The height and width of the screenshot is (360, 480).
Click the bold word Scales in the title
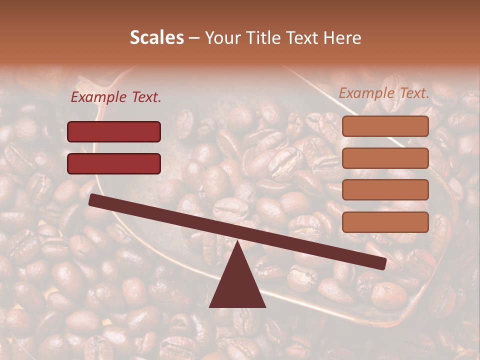click(156, 37)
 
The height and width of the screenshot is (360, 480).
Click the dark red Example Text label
click(116, 97)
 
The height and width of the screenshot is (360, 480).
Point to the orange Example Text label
click(384, 93)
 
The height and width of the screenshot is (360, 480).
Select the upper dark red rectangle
click(114, 131)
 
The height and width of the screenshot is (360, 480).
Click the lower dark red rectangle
click(114, 163)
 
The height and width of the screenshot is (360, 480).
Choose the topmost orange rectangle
click(385, 126)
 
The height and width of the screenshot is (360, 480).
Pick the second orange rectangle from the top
click(385, 158)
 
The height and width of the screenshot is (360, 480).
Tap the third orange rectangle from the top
click(385, 189)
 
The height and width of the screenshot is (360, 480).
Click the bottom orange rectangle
click(385, 222)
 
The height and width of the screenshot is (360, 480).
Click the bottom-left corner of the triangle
click(210, 306)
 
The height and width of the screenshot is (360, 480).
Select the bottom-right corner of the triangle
click(265, 306)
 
